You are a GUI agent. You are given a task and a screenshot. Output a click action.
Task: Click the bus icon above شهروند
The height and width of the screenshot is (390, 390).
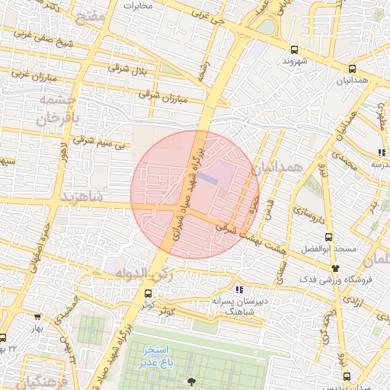294,48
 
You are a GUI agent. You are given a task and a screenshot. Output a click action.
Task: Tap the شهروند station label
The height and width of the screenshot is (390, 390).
294,60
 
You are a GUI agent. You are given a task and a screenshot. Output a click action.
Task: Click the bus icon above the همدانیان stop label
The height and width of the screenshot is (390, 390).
350,68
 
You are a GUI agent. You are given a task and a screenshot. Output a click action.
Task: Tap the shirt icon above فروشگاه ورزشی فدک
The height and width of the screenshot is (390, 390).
336,267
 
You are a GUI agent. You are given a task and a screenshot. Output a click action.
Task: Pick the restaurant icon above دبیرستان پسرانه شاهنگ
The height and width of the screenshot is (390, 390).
239,289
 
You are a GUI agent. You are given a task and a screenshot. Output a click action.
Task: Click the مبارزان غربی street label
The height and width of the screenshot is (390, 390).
33,75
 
